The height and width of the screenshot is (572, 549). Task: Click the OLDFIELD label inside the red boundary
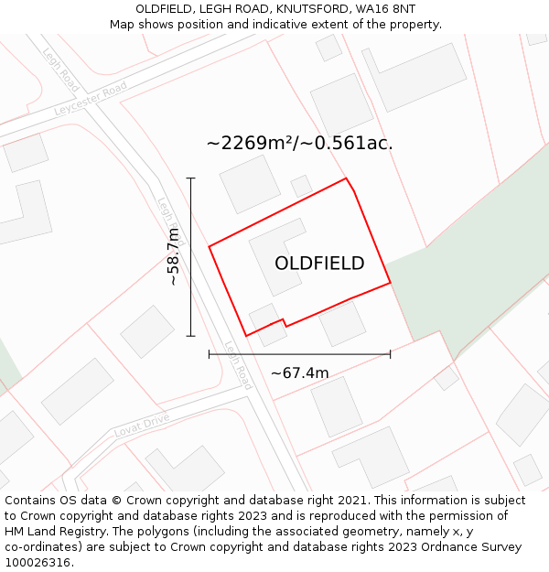319,264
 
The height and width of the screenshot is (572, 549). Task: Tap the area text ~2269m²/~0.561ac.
299,143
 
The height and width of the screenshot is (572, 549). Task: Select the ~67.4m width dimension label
299,372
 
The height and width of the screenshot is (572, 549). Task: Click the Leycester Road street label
90,100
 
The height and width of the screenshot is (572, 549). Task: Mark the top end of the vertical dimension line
190,178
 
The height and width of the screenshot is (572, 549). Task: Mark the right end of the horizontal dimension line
391,353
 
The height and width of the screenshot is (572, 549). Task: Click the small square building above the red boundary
301,186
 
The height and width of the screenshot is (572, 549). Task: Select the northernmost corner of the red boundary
346,178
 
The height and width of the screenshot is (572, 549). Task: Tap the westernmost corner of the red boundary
210,246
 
